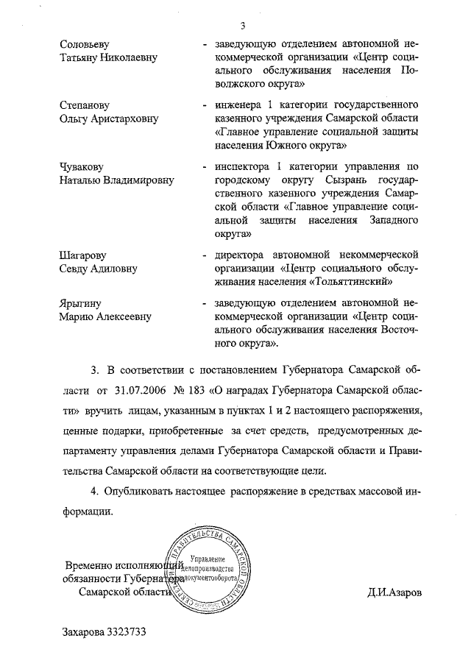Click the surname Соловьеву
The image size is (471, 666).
(x=87, y=44)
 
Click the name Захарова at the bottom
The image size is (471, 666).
(x=83, y=632)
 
